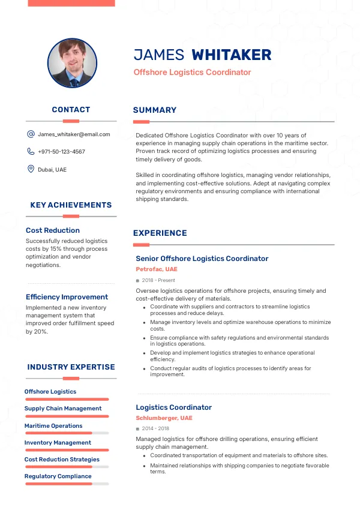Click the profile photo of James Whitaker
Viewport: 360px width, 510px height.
click(x=72, y=63)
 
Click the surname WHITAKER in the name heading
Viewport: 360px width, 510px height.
click(x=231, y=55)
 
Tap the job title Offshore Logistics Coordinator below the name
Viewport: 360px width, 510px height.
click(x=192, y=73)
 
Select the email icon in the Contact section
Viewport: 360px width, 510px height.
click(x=31, y=134)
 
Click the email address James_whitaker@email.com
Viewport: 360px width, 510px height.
click(x=74, y=134)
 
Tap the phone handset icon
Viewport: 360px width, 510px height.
click(x=31, y=152)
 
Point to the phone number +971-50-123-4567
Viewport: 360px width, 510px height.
click(x=61, y=152)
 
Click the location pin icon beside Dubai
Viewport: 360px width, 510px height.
click(x=31, y=169)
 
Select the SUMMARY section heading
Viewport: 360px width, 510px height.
click(x=155, y=110)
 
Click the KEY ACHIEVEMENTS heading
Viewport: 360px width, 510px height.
click(x=71, y=205)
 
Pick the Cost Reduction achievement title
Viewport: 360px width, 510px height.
click(x=53, y=230)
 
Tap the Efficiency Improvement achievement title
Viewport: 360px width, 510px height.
click(x=67, y=297)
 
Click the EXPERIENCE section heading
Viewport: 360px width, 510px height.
click(x=160, y=233)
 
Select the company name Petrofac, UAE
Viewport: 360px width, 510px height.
click(x=157, y=269)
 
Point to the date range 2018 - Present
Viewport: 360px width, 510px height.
click(x=158, y=280)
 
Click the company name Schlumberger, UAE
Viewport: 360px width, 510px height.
click(x=164, y=418)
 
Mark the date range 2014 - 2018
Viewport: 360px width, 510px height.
click(x=155, y=428)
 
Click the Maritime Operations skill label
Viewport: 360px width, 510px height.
click(x=53, y=426)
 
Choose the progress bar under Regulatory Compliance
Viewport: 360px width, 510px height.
click(x=67, y=484)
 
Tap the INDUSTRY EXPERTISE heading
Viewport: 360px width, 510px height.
click(x=71, y=367)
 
